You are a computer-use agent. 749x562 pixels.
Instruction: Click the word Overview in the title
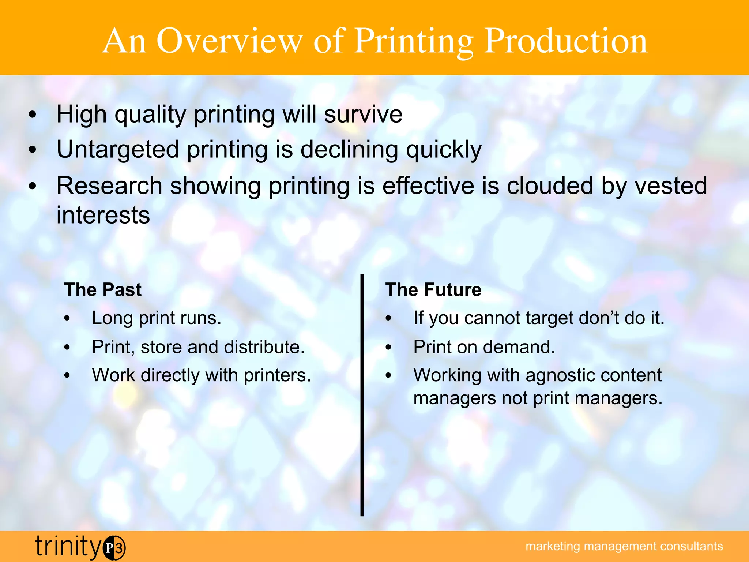tap(230, 41)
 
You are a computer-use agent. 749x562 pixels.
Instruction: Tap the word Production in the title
tap(566, 41)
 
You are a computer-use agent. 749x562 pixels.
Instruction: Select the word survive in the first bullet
tap(363, 115)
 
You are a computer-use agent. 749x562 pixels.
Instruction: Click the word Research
tap(109, 186)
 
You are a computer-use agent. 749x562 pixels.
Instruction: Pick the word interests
tap(103, 215)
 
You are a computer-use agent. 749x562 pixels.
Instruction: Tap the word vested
tap(670, 186)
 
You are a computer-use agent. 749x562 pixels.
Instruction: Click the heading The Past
tap(103, 290)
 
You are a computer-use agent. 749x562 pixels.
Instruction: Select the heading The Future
tap(433, 290)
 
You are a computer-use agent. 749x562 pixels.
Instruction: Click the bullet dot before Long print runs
tap(67, 319)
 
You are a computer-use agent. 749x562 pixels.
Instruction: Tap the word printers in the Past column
tap(277, 375)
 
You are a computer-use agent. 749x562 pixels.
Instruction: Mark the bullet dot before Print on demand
tap(388, 347)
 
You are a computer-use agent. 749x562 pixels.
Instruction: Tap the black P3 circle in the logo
tap(114, 548)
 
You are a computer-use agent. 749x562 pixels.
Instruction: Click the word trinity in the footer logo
tap(68, 547)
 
